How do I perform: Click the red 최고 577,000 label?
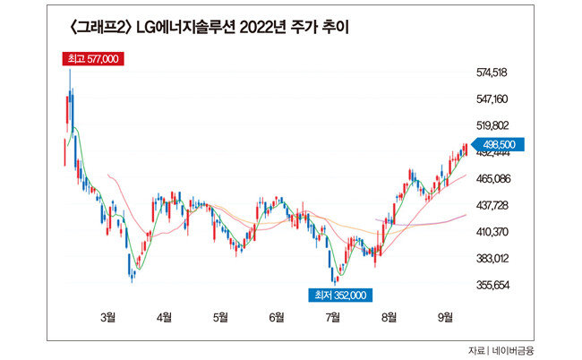click(93, 59)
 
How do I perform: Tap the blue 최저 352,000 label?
click(337, 294)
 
